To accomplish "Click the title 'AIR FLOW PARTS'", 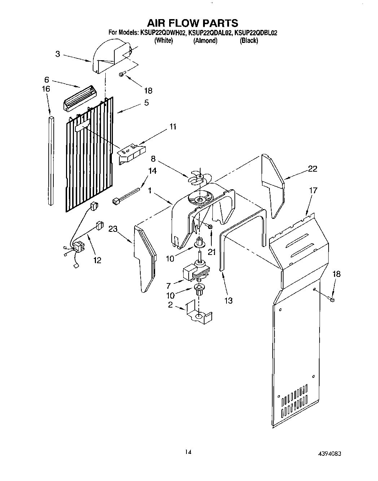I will (192, 23).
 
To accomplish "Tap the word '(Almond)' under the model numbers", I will (205, 41).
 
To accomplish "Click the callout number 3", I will (58, 54).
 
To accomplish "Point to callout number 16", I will (46, 89).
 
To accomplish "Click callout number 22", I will (312, 168).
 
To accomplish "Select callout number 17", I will (313, 190).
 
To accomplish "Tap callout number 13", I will (228, 300).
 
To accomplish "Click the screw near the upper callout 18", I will (122, 75).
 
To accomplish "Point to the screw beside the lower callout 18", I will (332, 299).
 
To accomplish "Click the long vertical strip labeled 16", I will (51, 160).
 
